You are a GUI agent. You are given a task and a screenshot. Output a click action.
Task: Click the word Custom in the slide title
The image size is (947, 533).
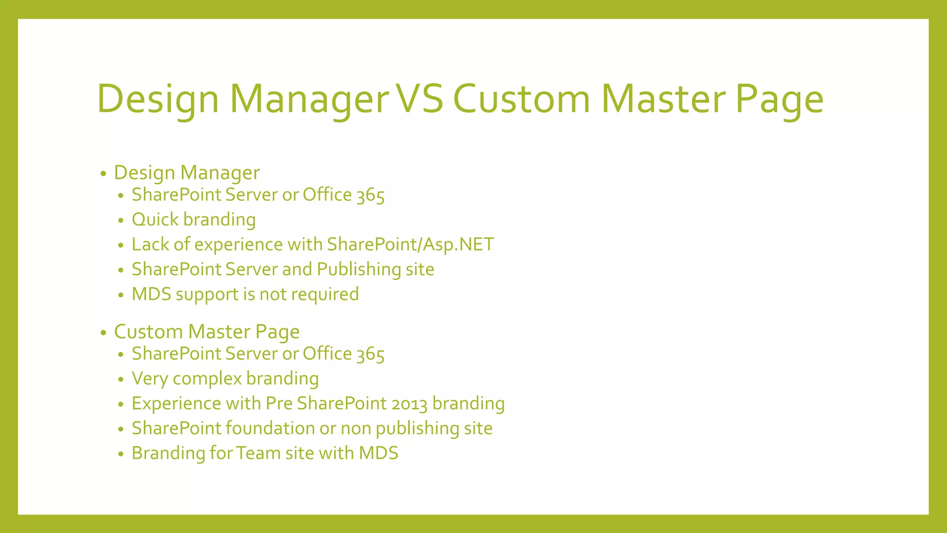[521, 99]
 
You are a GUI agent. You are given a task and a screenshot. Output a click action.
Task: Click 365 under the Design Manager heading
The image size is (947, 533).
[370, 195]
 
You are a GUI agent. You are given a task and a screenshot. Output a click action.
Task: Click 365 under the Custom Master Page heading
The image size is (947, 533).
[370, 354]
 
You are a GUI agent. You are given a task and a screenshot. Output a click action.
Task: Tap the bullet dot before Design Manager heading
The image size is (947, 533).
[103, 174]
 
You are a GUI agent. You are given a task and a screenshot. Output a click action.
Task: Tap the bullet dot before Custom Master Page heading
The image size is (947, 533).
[103, 333]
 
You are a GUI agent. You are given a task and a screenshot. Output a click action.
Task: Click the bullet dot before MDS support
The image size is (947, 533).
[121, 295]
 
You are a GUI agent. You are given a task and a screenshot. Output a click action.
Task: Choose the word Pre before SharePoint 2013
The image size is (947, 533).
[279, 403]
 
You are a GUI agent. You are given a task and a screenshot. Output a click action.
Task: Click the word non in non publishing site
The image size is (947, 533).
[356, 429]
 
